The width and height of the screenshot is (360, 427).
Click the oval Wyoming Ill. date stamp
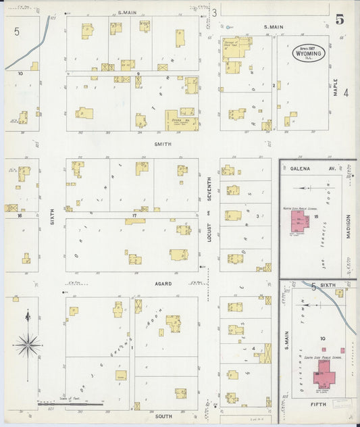[x=309, y=53]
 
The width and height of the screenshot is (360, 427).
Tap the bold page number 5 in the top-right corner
[x=340, y=19]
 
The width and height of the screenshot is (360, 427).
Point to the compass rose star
[x=28, y=344]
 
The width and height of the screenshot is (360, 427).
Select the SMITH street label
[x=163, y=144]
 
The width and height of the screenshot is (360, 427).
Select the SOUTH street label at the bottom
[x=163, y=416]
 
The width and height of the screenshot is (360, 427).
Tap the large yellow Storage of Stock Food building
[x=237, y=49]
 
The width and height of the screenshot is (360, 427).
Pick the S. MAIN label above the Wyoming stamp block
[x=274, y=27]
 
